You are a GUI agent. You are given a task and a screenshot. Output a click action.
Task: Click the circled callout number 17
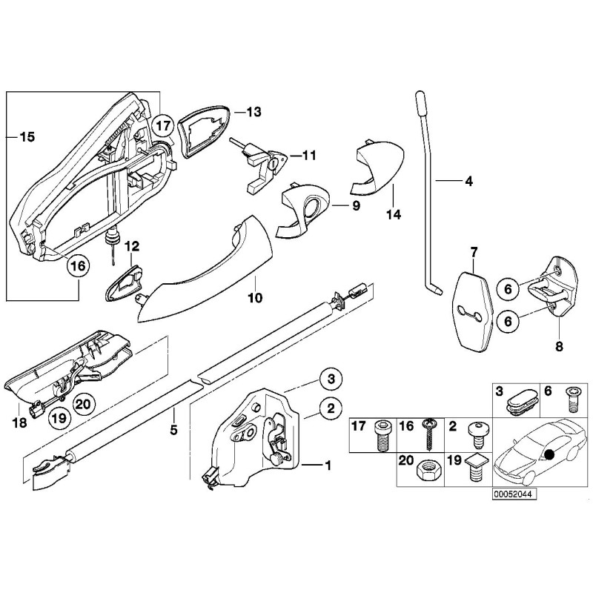(x=164, y=126)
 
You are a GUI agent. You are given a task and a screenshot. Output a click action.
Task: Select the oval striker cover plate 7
(x=474, y=306)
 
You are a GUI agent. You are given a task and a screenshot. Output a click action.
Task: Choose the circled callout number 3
(x=331, y=380)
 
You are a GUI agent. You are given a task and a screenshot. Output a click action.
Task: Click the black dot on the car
(x=550, y=456)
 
